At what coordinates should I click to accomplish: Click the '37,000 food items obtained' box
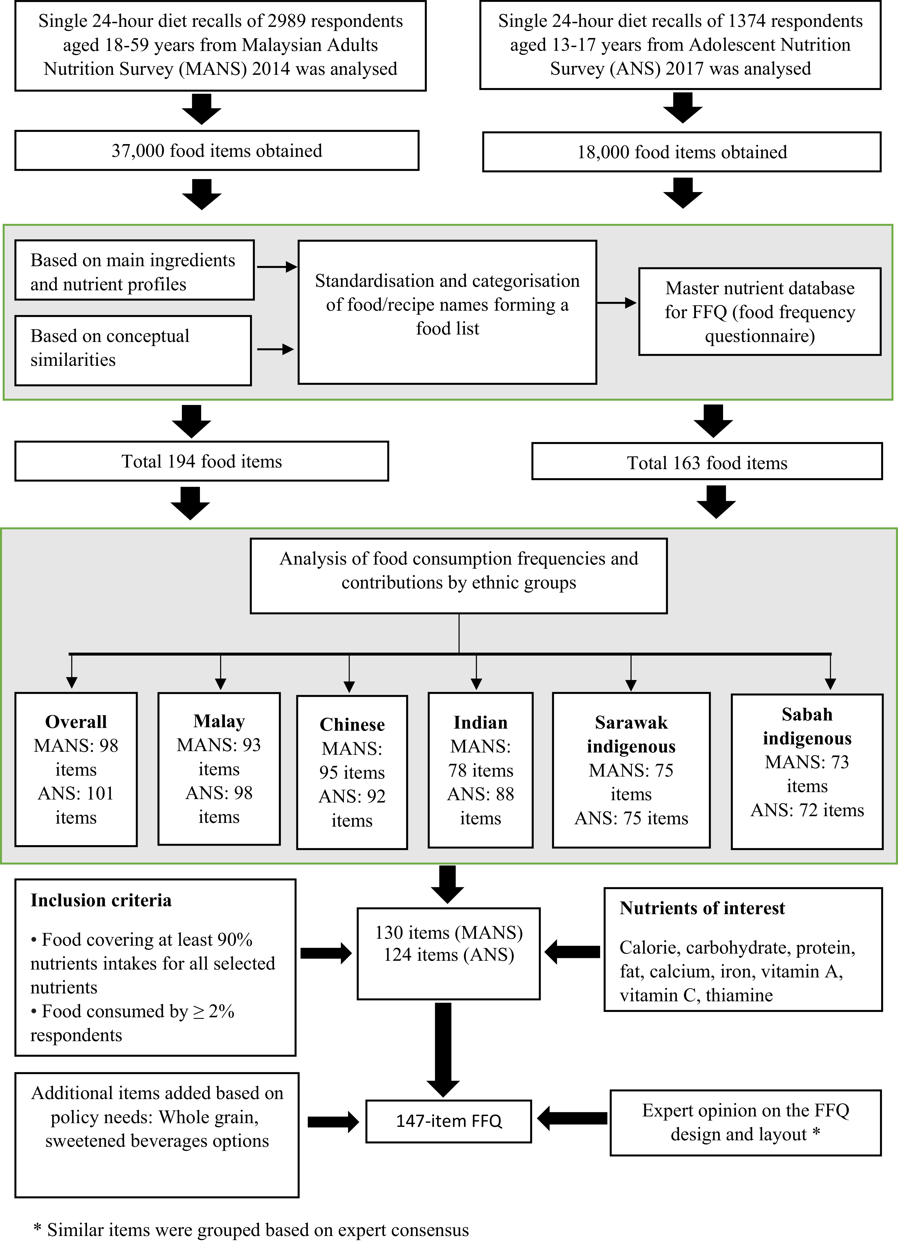click(x=217, y=151)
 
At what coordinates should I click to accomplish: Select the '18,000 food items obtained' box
click(x=682, y=152)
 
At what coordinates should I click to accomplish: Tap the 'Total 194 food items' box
click(x=202, y=461)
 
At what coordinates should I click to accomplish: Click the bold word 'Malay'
click(x=219, y=721)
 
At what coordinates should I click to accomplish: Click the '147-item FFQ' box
click(x=449, y=1121)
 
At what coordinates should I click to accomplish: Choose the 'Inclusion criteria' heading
click(x=101, y=900)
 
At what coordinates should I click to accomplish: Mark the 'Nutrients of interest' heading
click(x=702, y=908)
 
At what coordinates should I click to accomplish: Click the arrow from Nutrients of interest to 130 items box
click(x=572, y=952)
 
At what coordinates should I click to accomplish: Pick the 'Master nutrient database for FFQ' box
click(x=760, y=312)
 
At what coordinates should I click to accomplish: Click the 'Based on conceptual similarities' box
click(x=133, y=351)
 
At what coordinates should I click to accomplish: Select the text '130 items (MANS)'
click(x=449, y=932)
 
